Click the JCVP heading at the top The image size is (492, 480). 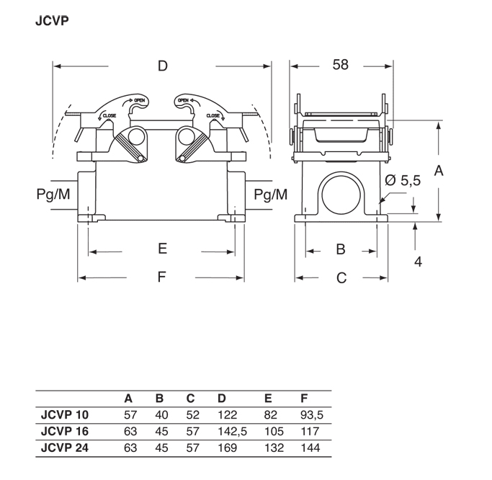pyautogui.click(x=52, y=21)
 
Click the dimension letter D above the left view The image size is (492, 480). pyautogui.click(x=163, y=66)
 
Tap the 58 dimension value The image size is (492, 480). pyautogui.click(x=341, y=65)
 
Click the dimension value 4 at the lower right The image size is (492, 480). pyautogui.click(x=418, y=261)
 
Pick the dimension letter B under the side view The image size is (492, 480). pyautogui.click(x=341, y=249)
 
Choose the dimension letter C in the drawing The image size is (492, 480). pyautogui.click(x=342, y=278)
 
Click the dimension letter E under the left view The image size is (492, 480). pyautogui.click(x=163, y=249)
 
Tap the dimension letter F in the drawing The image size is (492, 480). pyautogui.click(x=162, y=278)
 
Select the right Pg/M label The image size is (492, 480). pyautogui.click(x=270, y=194)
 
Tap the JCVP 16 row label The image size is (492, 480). pyautogui.click(x=65, y=430)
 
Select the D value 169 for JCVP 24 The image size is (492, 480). pyautogui.click(x=227, y=447)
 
